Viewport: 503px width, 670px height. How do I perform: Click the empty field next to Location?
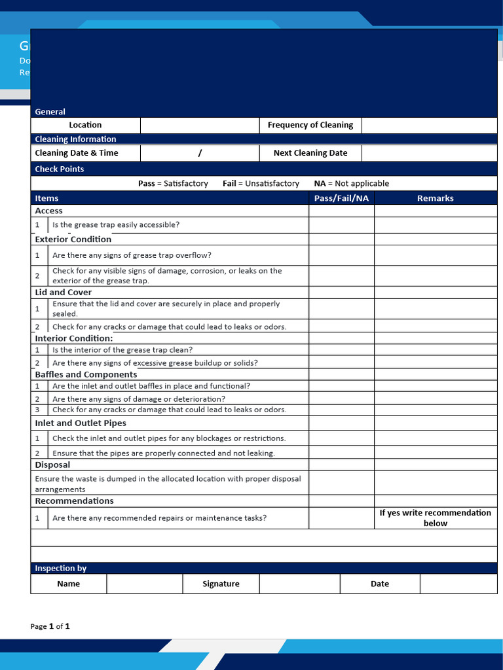tap(200, 125)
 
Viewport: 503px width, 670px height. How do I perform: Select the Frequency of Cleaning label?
tap(310, 125)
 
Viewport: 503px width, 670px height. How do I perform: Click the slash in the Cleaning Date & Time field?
tap(200, 153)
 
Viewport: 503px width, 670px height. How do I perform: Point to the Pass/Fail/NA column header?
tap(341, 198)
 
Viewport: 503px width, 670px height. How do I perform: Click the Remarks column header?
tap(435, 198)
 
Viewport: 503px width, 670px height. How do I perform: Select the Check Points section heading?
tap(59, 169)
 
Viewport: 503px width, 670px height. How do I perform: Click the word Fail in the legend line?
tap(229, 184)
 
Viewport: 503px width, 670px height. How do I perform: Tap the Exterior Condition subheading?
tap(73, 239)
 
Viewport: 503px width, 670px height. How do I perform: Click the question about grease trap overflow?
tap(132, 255)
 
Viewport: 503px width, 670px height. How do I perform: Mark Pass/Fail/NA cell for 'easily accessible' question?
tap(341, 225)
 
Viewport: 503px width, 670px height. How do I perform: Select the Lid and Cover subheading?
tap(63, 292)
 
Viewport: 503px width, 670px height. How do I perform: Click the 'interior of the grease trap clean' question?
tap(122, 350)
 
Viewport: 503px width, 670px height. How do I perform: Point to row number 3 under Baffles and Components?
tap(37, 410)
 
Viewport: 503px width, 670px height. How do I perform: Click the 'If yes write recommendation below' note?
tap(435, 518)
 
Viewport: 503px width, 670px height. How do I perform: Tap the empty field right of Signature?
tap(299, 584)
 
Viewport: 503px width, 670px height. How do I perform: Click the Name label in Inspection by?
tap(68, 584)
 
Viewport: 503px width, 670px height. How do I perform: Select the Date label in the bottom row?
tap(380, 584)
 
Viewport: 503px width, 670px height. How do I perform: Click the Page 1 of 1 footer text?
tap(50, 626)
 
